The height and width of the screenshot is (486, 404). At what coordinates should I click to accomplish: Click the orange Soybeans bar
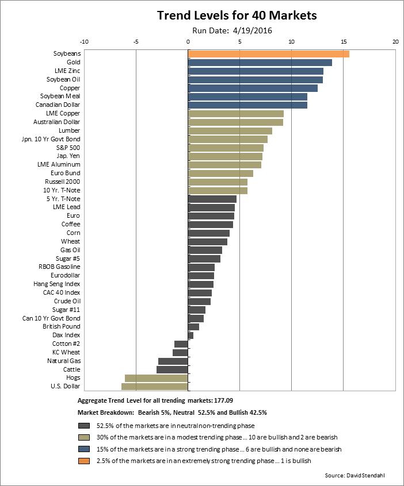[268, 53]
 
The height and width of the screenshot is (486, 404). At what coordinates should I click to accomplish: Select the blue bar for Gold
[260, 62]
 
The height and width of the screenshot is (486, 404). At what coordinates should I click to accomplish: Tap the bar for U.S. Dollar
[154, 387]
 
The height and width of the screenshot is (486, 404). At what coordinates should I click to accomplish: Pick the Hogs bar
[156, 378]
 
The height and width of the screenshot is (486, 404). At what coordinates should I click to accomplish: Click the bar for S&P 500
[226, 148]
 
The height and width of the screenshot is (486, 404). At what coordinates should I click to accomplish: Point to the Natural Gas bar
[173, 361]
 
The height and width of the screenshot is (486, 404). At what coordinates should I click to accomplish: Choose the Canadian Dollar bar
[247, 105]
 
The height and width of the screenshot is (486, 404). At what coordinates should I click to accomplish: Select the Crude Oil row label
[67, 301]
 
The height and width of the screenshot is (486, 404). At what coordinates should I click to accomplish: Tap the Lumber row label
[69, 130]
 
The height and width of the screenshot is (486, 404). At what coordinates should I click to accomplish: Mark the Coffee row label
[71, 224]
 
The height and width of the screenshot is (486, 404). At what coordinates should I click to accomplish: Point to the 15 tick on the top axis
[344, 42]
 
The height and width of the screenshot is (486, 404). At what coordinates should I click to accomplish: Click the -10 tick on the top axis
[84, 42]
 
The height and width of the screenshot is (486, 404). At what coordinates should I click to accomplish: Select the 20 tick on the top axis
[395, 42]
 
